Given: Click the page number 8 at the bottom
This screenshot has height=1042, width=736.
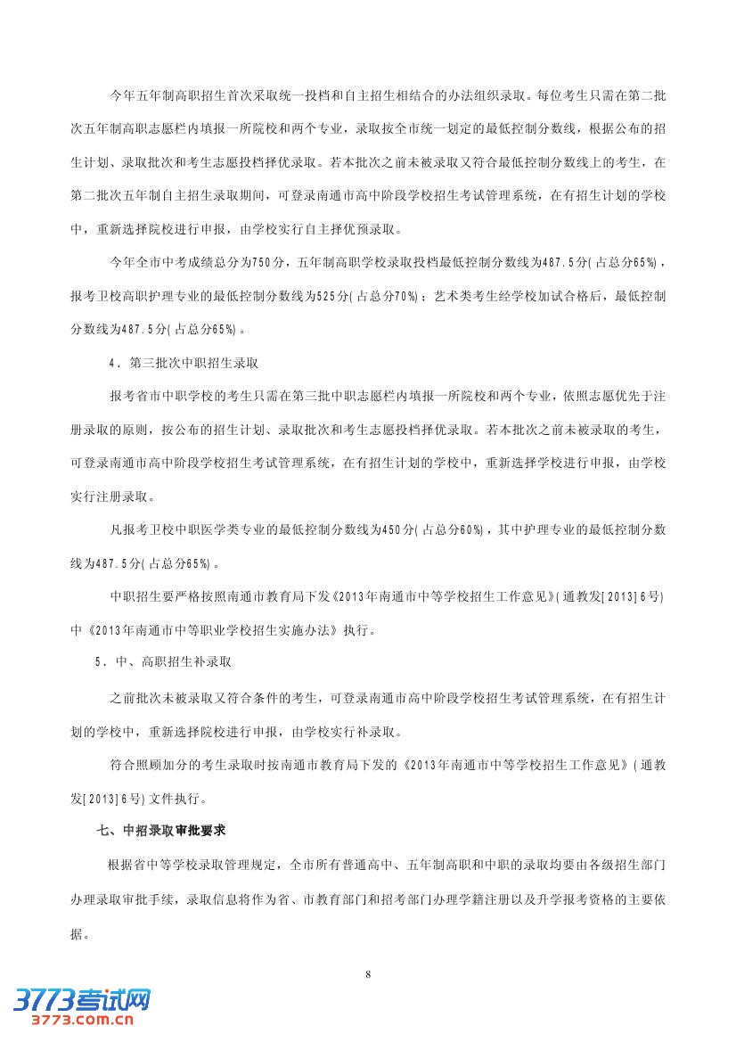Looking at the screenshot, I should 367,974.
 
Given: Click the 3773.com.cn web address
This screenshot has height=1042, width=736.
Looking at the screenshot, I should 81,1021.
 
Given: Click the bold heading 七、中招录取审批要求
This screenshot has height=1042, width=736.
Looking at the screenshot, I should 161,831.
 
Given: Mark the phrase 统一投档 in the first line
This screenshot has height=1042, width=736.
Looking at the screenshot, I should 315,94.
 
